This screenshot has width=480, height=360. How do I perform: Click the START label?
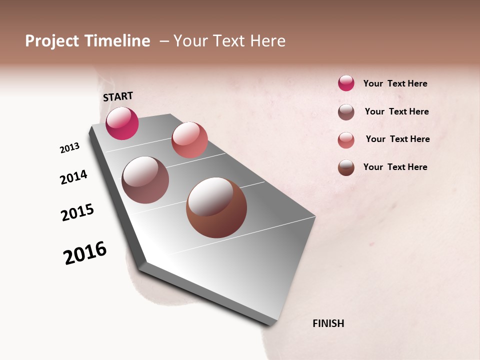[x=118, y=96]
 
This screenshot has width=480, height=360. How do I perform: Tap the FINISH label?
[x=328, y=323]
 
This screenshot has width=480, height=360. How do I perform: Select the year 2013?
[x=69, y=148]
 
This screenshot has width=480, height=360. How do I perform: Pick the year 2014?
[x=73, y=177]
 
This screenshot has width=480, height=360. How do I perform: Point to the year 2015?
[x=77, y=212]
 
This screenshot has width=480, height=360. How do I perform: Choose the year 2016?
[x=85, y=253]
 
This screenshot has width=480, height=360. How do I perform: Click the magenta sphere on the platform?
[x=122, y=123]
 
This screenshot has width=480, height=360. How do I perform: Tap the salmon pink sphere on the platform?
[x=189, y=139]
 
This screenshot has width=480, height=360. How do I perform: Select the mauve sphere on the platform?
[x=145, y=179]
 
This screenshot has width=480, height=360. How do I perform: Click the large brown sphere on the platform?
[x=216, y=207]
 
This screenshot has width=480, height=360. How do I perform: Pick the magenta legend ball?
[x=346, y=83]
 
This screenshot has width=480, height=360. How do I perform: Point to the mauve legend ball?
[x=346, y=112]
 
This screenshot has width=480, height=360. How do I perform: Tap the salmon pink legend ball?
[x=346, y=140]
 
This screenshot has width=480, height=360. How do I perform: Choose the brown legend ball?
[x=346, y=167]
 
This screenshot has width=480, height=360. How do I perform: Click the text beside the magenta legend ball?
[x=395, y=83]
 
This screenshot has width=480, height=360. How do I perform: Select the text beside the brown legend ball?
[x=395, y=167]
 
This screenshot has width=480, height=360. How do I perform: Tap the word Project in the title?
[x=52, y=41]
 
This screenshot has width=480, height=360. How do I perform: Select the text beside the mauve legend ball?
[x=396, y=111]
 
